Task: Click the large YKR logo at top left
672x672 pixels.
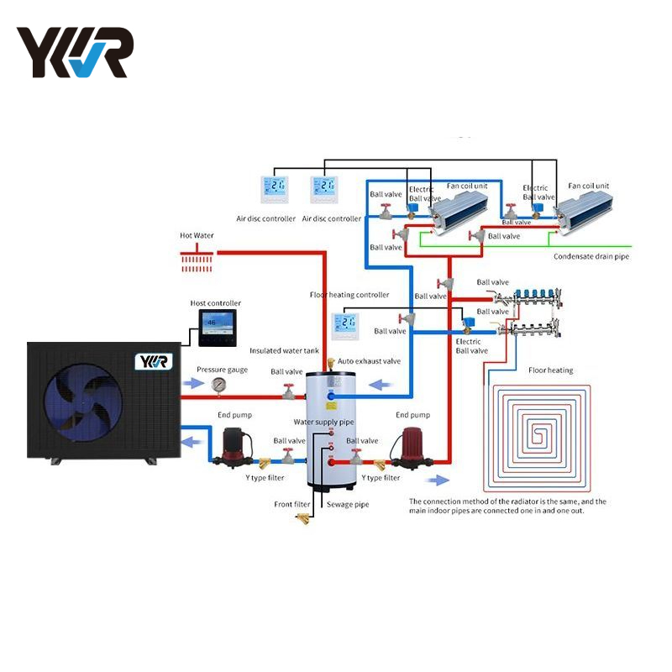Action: click(75, 52)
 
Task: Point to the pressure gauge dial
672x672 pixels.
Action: click(219, 385)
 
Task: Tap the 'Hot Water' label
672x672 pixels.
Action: click(197, 236)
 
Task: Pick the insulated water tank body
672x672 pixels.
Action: click(333, 428)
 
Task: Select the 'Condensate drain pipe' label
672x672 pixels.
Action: click(591, 256)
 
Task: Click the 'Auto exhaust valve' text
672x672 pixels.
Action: click(369, 360)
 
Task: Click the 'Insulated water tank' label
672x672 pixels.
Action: click(284, 350)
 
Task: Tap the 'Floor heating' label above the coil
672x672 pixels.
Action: click(550, 370)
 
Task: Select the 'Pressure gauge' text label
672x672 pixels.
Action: click(222, 370)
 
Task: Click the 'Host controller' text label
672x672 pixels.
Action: click(216, 303)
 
